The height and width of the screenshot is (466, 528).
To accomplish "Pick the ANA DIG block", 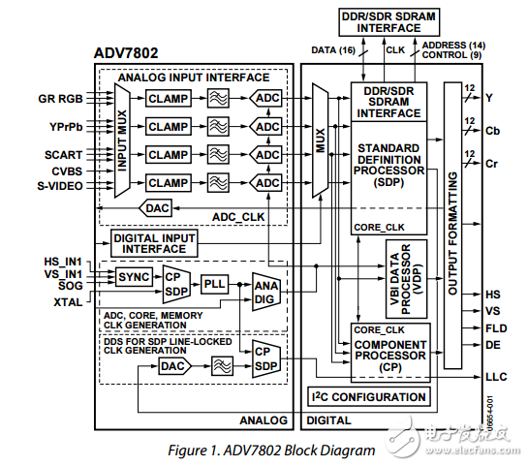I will point(264,293).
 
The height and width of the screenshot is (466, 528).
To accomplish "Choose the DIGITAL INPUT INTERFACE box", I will point(155,241).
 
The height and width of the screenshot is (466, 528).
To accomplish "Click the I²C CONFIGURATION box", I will point(369,396).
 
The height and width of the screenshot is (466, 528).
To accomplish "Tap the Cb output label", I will point(493,131).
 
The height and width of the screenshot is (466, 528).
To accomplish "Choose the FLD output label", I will point(494,327).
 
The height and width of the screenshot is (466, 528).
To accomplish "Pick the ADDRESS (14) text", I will point(454,46).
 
